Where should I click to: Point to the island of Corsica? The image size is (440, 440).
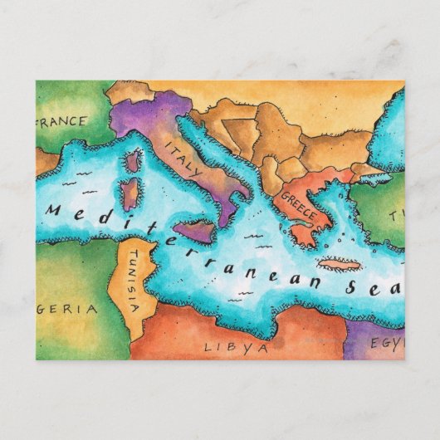(x=133, y=161)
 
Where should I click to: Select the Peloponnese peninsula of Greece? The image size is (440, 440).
(x=304, y=232)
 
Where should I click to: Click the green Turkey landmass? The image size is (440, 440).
(x=390, y=212)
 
